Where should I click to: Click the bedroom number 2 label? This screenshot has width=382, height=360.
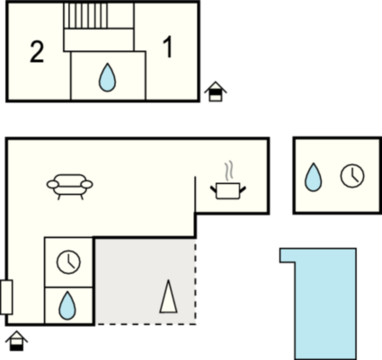click(x=37, y=52)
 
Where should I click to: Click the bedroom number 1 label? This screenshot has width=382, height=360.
click(x=168, y=48)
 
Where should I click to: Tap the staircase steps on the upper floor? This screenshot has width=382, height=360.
click(x=86, y=15)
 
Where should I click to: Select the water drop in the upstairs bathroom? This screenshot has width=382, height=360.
click(x=107, y=77)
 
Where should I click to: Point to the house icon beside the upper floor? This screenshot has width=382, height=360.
click(x=216, y=92)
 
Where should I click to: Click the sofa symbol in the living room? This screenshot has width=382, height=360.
click(x=70, y=187)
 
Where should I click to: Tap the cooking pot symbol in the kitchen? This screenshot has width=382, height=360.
click(x=228, y=190)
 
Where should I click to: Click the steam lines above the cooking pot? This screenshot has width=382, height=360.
click(x=229, y=171)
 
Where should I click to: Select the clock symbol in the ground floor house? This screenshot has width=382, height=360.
click(x=68, y=262)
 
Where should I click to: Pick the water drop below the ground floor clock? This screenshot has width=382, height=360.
click(x=67, y=305)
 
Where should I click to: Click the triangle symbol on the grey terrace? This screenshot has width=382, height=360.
click(x=168, y=296)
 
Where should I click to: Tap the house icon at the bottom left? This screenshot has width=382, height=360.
click(x=16, y=341)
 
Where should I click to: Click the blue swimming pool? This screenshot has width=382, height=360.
click(x=325, y=303)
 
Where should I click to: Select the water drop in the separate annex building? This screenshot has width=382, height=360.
click(x=313, y=177)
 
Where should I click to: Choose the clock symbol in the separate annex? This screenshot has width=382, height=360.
click(x=352, y=176)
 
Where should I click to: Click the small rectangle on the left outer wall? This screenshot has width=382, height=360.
click(x=6, y=297)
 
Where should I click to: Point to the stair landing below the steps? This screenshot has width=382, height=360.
click(x=99, y=40)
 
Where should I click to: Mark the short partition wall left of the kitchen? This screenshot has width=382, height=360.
click(x=195, y=195)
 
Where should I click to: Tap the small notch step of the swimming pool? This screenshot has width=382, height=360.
click(x=288, y=255)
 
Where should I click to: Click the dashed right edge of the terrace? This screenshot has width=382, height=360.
click(x=196, y=281)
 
